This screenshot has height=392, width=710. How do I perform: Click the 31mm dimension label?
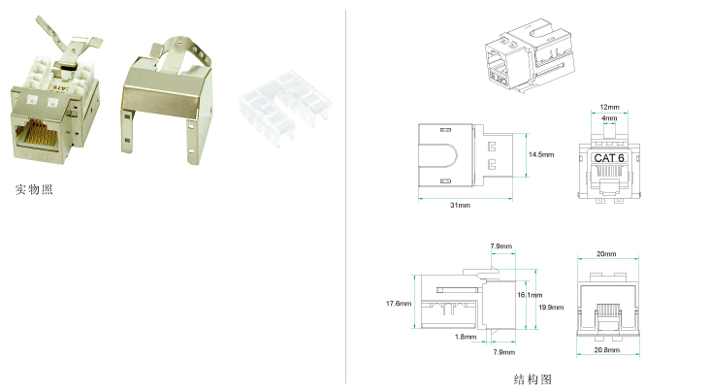click(460, 206)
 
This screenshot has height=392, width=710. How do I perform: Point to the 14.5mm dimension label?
click(541, 154)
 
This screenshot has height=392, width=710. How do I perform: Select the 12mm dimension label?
click(609, 107)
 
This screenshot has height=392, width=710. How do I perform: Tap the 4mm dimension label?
click(609, 118)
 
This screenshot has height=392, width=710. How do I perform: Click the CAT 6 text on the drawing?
click(609, 158)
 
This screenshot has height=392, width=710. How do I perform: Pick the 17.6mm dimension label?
click(399, 303)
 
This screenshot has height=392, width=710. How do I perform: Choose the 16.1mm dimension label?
click(530, 295)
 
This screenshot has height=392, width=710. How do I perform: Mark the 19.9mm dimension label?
click(551, 308)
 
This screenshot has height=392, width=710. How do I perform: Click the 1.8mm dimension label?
click(466, 337)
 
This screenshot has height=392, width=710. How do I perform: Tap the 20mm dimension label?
click(606, 254)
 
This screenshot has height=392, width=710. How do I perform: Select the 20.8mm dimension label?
click(607, 350)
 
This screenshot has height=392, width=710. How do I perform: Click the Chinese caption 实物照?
click(34, 189)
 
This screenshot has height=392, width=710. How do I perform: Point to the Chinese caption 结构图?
click(532, 378)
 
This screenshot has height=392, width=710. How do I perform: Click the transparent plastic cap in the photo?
click(285, 109)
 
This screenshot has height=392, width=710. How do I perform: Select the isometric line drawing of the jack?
click(530, 55)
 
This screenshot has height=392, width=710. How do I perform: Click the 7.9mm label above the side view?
click(500, 246)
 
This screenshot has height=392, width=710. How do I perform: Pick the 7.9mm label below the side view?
click(504, 352)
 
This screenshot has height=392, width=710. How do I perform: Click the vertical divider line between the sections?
click(346, 197)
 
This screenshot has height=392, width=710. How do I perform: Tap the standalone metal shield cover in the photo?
click(167, 100)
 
